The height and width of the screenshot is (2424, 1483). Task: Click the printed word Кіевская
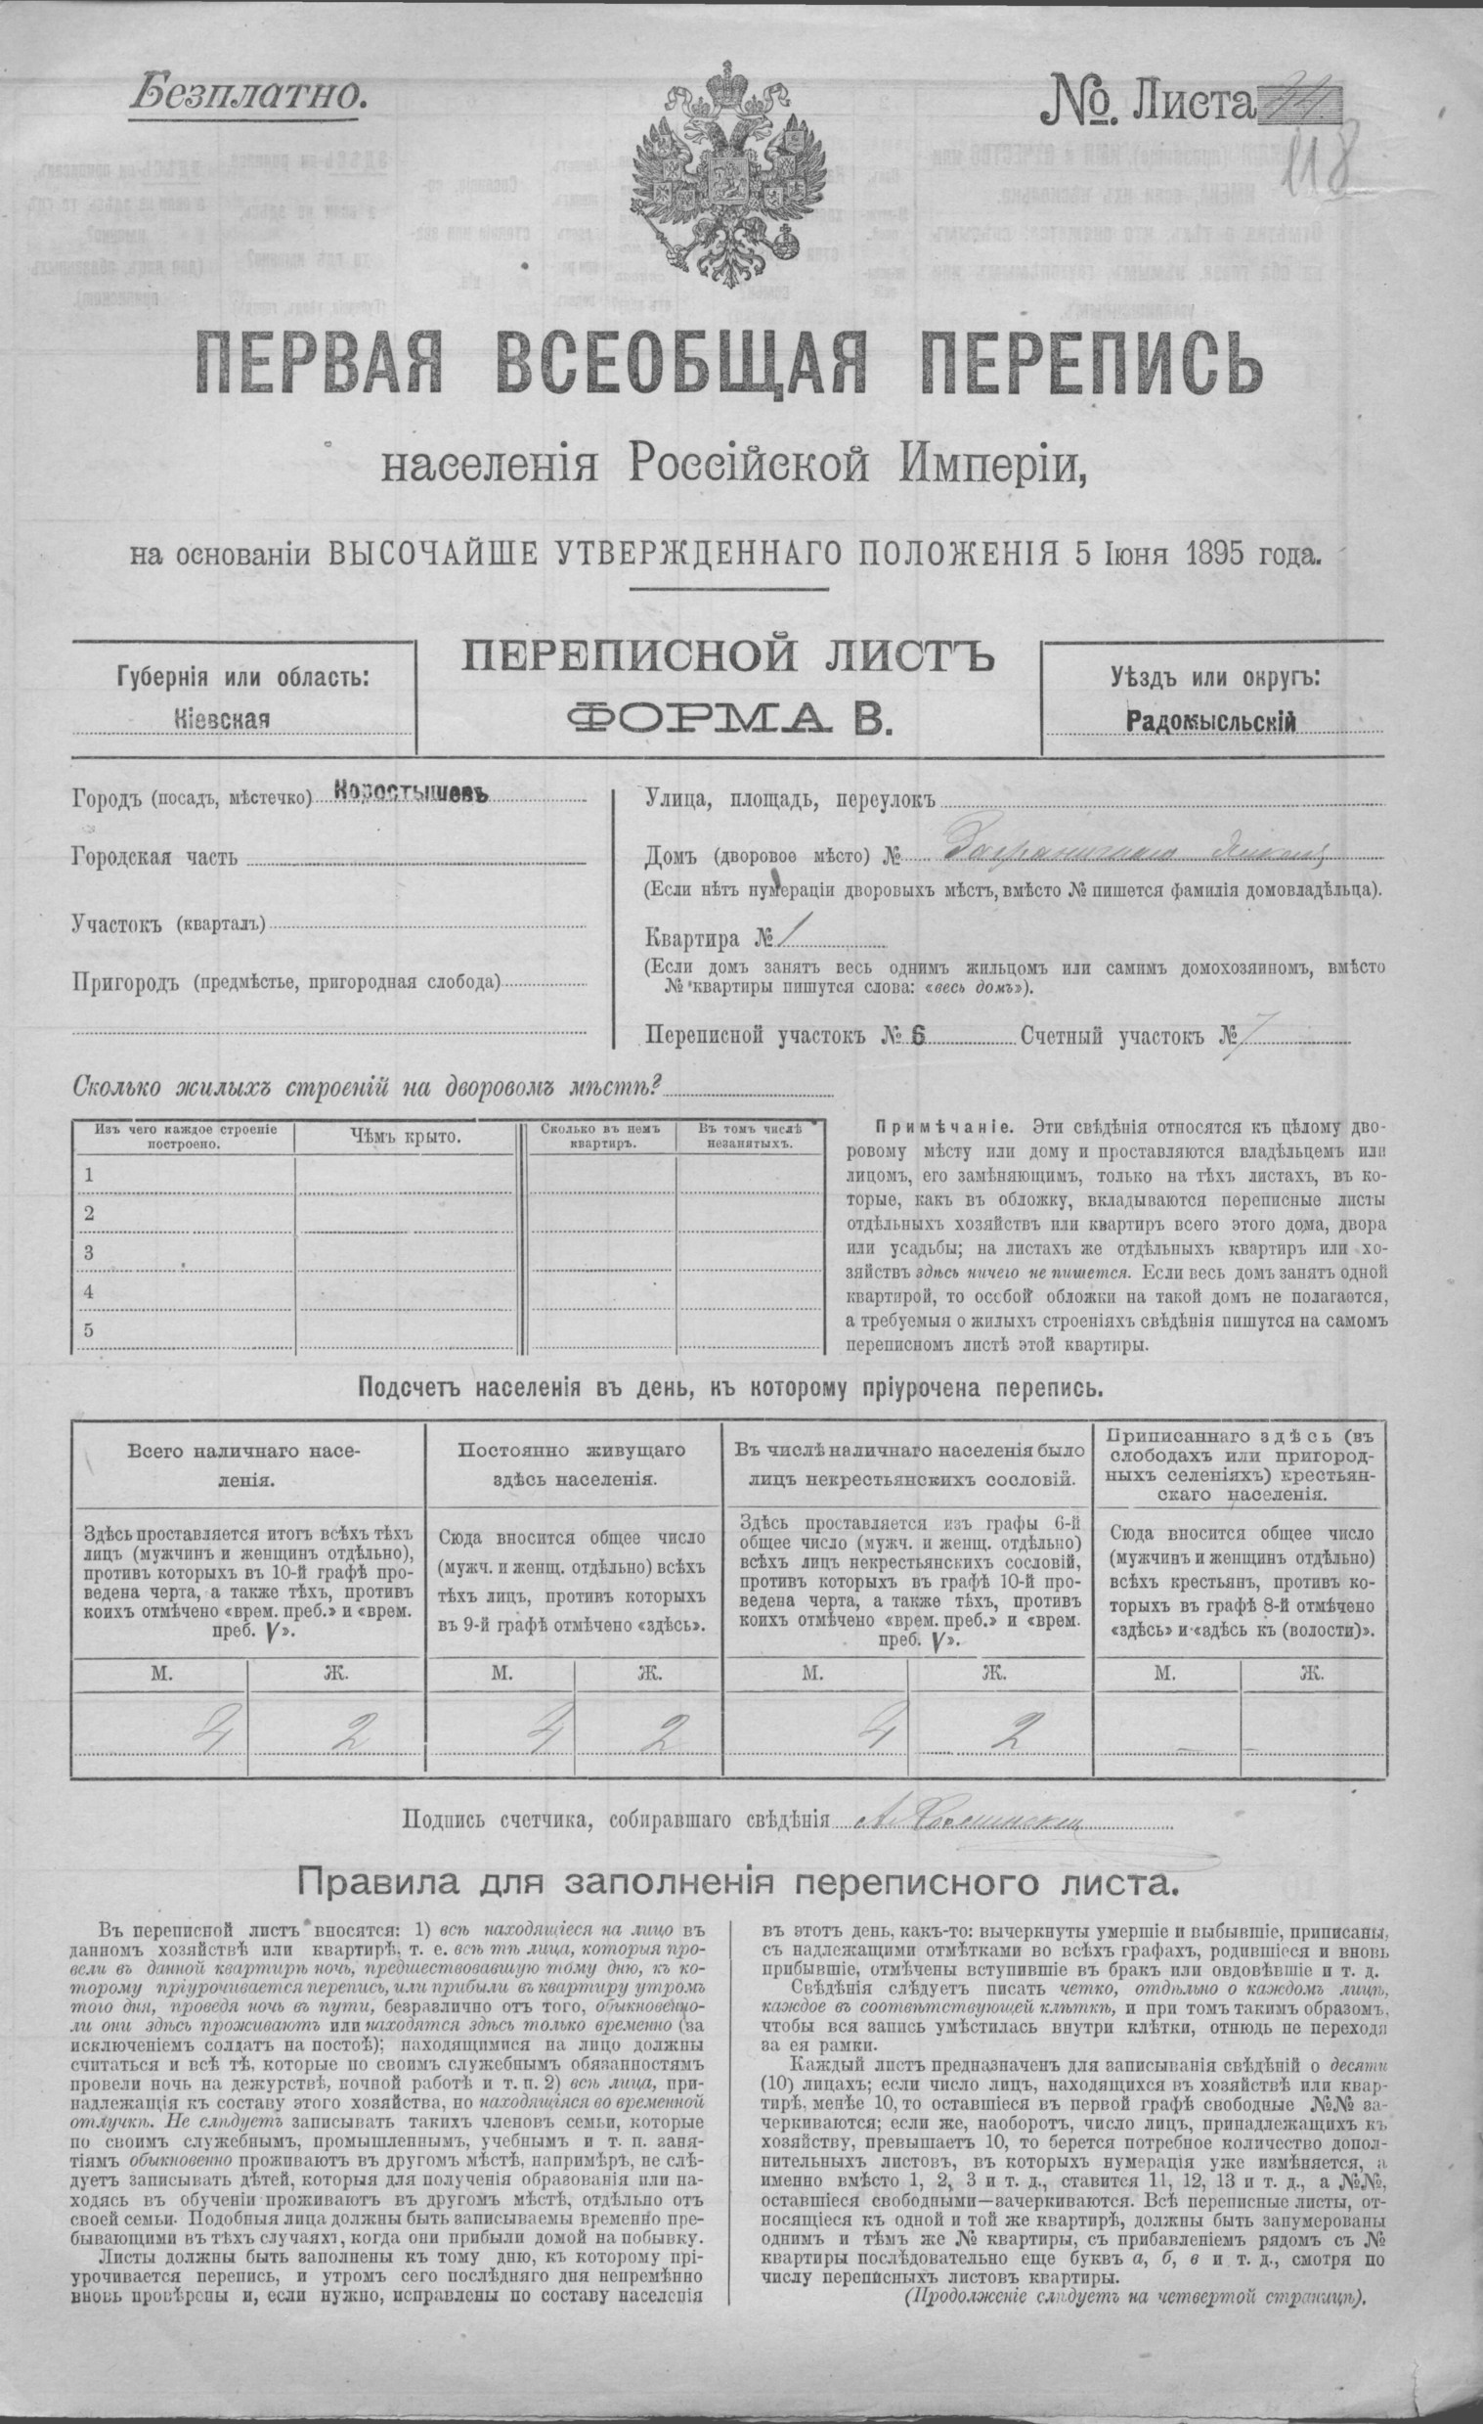click(219, 718)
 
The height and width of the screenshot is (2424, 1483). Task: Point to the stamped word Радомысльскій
click(1209, 721)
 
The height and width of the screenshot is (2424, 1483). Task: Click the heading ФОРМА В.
click(727, 722)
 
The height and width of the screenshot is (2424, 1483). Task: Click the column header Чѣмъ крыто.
click(406, 1138)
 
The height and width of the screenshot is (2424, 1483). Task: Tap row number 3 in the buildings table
click(90, 1252)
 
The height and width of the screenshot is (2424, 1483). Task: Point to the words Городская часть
click(154, 858)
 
